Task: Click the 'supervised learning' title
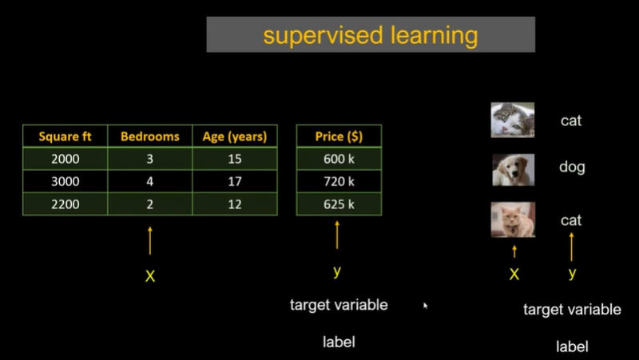[371, 35]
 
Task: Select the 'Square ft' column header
[65, 136]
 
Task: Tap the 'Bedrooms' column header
[150, 136]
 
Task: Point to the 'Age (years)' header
[235, 136]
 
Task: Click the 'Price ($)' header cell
[339, 136]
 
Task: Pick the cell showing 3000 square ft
[65, 181]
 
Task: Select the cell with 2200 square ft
[65, 204]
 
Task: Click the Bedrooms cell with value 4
[150, 181]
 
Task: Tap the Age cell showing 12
[235, 204]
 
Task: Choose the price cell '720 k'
[339, 181]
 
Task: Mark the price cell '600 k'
[339, 159]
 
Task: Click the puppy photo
[513, 170]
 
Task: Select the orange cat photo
[513, 220]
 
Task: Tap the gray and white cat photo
[513, 121]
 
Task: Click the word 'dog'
[572, 167]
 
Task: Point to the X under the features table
[150, 276]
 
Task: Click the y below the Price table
[337, 271]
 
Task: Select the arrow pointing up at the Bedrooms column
[150, 241]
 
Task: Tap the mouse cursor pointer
[426, 306]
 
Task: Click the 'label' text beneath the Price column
[339, 342]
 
